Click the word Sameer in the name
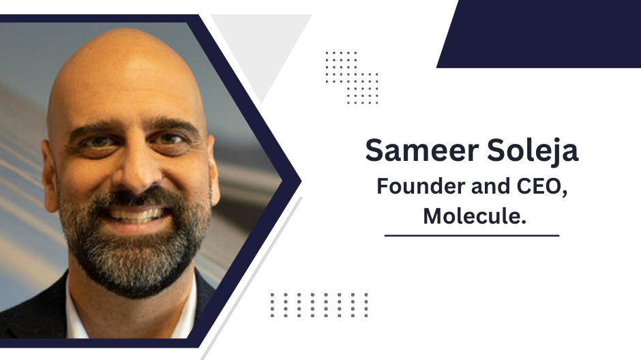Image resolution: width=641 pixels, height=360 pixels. pos(421,150)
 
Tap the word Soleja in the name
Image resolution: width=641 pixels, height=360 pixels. pos(533,151)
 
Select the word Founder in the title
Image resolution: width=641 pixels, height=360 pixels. pos(421,186)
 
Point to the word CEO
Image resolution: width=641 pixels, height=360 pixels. pos(542,187)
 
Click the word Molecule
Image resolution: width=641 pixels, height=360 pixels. pos(474,215)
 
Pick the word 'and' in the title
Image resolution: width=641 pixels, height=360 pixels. pos(490,186)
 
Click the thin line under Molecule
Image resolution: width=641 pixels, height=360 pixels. pos(472,235)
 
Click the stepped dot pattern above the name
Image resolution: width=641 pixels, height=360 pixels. pos(352,78)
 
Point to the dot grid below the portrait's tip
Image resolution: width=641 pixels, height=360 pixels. pos(319,305)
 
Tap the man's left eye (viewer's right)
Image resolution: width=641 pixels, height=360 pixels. pos(168,140)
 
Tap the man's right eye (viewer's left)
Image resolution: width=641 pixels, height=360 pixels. pos(97,142)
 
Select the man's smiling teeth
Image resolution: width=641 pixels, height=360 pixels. pos(135,213)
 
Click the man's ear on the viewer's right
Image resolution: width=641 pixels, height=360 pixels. pos(213,172)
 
